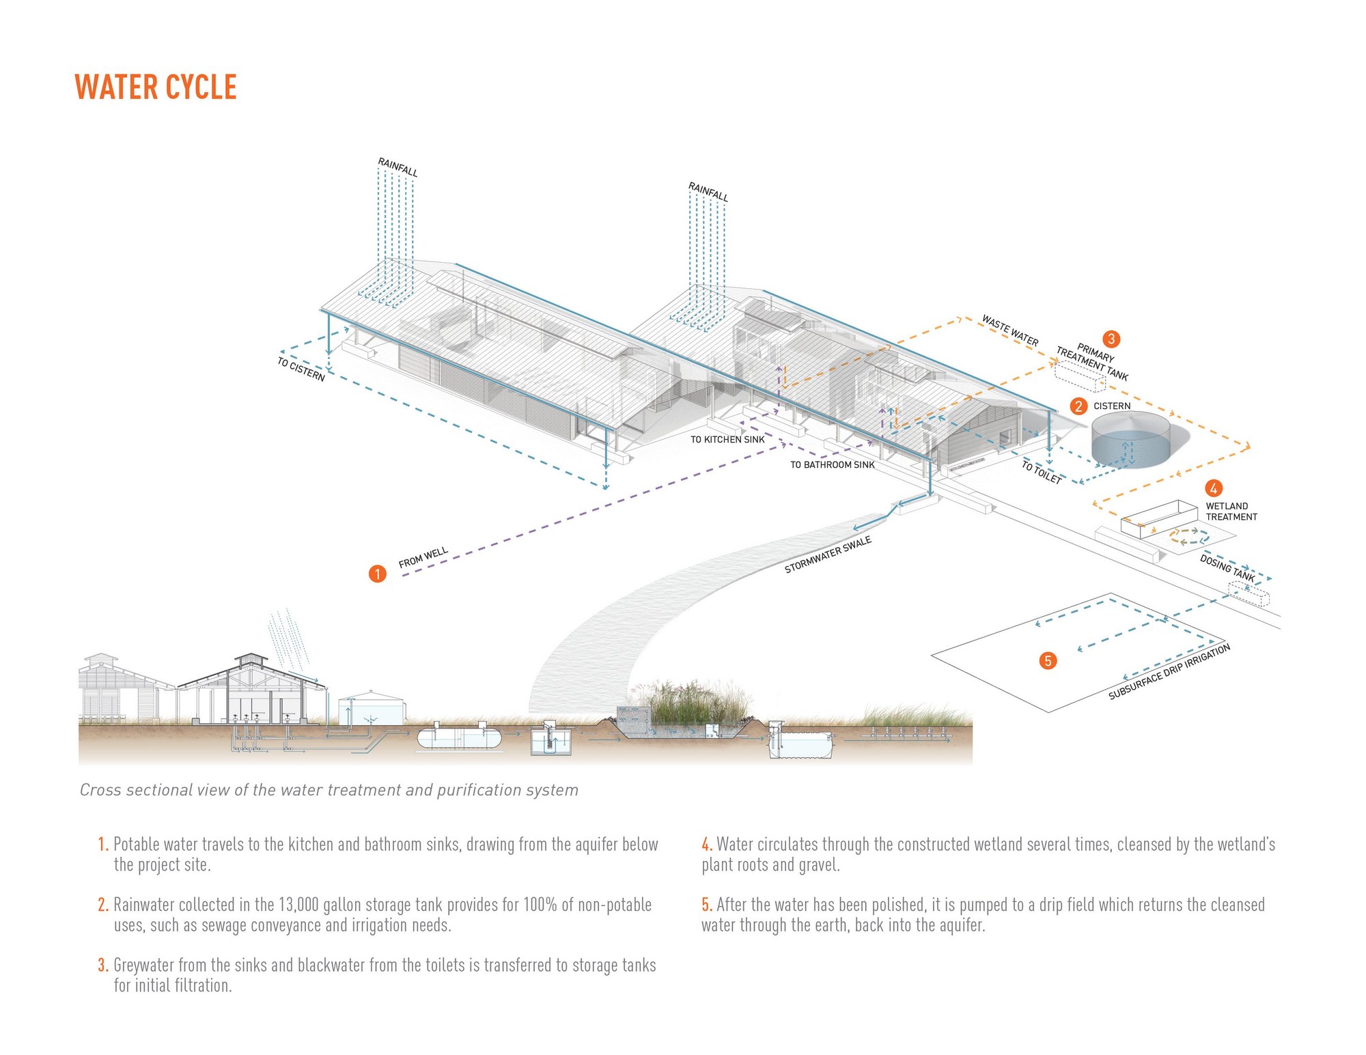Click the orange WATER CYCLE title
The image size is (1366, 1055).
156,87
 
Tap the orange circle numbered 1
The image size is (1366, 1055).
377,573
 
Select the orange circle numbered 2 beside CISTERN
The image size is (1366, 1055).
1078,406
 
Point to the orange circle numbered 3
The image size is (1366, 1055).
1111,339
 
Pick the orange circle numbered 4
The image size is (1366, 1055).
1213,488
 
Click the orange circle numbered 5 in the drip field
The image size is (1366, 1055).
1047,660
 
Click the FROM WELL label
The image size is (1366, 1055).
423,558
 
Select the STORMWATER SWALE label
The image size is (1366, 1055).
828,554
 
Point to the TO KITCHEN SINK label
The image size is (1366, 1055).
727,439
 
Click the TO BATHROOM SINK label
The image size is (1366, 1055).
832,465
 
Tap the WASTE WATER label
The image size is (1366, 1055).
1009,330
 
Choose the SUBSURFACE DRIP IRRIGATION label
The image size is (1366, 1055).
1169,671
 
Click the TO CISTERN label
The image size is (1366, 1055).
301,369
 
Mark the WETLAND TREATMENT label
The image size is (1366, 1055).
1231,511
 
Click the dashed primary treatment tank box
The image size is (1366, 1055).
1080,377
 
